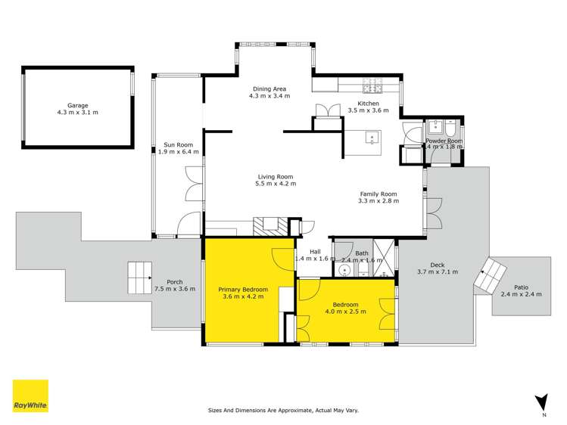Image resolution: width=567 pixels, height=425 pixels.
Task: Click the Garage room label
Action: pyautogui.click(x=77, y=106)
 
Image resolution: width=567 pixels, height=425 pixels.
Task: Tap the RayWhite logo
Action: pyautogui.click(x=30, y=396)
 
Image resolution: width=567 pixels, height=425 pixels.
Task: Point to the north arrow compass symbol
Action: pyautogui.click(x=541, y=402)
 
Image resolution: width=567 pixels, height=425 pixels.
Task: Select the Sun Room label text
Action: pyautogui.click(x=181, y=144)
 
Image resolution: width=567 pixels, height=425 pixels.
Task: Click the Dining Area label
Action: pyautogui.click(x=269, y=89)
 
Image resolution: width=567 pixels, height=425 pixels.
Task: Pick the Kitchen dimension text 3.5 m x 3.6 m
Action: pyautogui.click(x=368, y=110)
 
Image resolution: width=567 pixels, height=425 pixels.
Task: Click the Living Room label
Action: pyautogui.click(x=275, y=176)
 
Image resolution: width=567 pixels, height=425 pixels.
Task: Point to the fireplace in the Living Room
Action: pyautogui.click(x=267, y=225)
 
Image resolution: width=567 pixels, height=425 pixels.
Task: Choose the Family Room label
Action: pyautogui.click(x=378, y=194)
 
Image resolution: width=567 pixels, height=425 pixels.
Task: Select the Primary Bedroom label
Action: pyautogui.click(x=243, y=289)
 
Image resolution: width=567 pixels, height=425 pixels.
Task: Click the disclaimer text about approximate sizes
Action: pyautogui.click(x=283, y=411)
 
